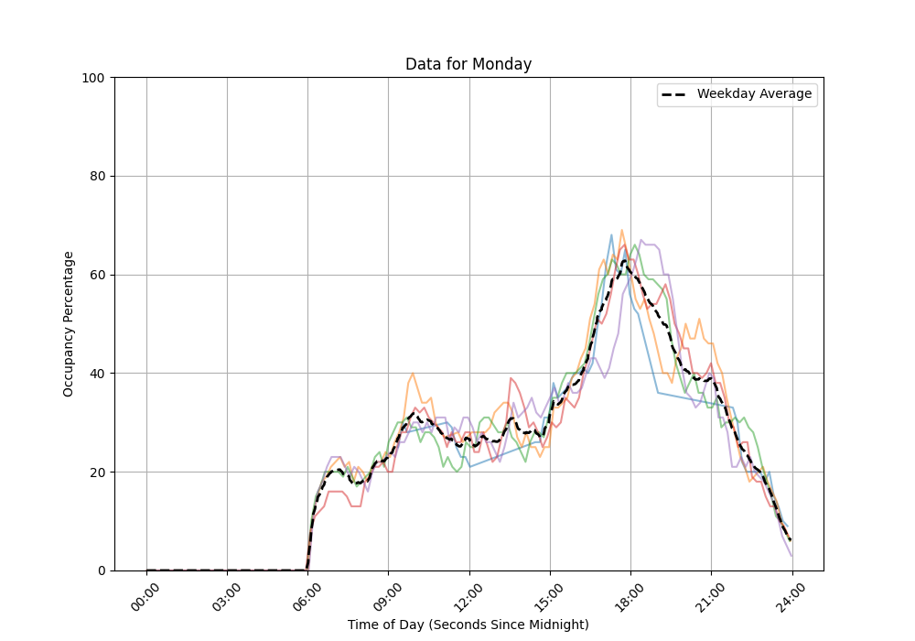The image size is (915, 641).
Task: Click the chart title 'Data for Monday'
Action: (468, 65)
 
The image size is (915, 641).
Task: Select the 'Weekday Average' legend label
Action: (754, 94)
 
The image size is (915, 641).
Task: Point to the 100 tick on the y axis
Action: (91, 78)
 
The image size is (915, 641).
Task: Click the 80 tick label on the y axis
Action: (95, 177)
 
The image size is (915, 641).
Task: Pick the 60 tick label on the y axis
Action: (95, 275)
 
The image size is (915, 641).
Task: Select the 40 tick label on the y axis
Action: (95, 374)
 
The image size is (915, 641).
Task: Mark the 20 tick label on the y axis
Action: (95, 473)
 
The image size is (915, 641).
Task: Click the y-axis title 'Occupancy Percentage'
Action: (69, 324)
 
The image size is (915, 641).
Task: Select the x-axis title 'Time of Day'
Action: (468, 625)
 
